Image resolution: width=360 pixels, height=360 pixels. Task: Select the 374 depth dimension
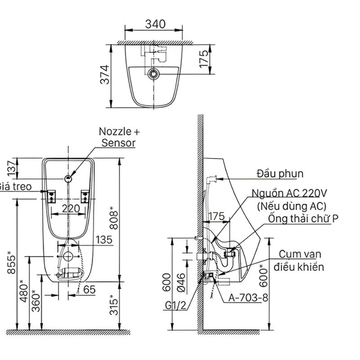tap(104, 75)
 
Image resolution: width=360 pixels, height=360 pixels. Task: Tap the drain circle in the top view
tap(153, 72)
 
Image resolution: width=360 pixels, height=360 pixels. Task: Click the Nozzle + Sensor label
tap(119, 137)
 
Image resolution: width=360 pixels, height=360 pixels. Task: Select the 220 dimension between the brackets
tap(71, 208)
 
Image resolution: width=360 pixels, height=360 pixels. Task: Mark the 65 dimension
tap(89, 290)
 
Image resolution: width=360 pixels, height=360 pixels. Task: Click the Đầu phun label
tap(280, 174)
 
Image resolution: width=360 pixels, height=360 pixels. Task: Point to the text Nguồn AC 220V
tap(288, 193)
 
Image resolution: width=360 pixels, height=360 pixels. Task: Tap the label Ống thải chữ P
tap(303, 219)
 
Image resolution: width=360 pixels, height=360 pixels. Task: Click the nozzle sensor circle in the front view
tap(68, 178)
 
